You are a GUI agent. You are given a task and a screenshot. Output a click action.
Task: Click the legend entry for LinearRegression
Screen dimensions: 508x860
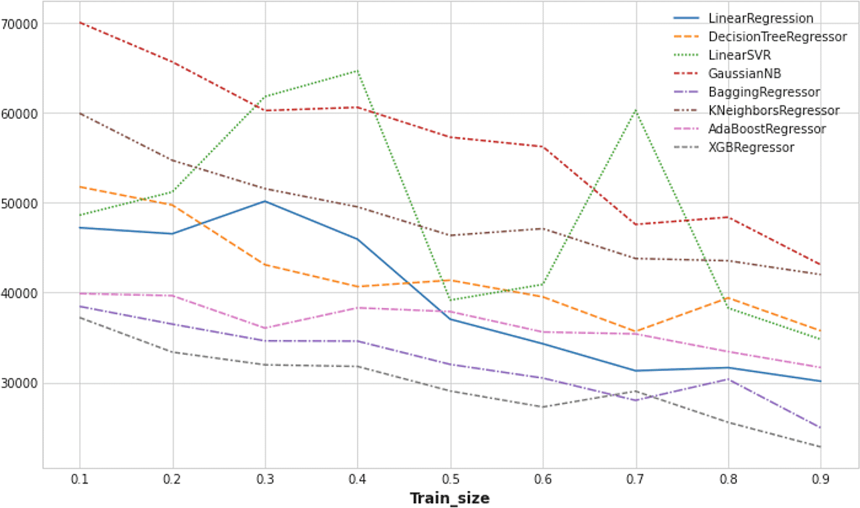(760, 19)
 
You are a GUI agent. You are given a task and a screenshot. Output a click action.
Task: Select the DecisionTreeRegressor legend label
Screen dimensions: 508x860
(777, 37)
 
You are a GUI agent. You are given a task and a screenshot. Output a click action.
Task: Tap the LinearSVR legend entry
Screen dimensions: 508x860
(739, 56)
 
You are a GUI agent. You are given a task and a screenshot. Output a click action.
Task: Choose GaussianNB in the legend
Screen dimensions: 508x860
(744, 74)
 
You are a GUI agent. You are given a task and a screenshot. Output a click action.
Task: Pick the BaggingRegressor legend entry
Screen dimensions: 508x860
(764, 93)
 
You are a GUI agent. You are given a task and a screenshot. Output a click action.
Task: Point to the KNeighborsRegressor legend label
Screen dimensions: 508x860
(773, 111)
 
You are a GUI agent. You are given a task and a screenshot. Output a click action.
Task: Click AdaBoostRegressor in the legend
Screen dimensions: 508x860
(766, 130)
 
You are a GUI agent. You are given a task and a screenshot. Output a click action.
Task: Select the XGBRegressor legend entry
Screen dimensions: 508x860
(751, 148)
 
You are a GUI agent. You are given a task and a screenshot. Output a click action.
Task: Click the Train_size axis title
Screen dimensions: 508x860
(449, 498)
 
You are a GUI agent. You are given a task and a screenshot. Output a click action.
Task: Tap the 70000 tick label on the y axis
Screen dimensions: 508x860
(20, 24)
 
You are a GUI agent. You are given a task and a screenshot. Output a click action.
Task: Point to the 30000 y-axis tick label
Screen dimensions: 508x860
(20, 384)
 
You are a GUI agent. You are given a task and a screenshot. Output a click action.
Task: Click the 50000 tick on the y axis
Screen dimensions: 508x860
(20, 204)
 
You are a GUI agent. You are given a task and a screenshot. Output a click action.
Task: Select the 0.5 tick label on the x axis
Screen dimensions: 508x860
(450, 479)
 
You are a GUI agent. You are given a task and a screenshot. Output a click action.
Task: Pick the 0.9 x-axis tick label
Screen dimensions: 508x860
(820, 479)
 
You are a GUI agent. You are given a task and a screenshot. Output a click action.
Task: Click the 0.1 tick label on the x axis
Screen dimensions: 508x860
(79, 479)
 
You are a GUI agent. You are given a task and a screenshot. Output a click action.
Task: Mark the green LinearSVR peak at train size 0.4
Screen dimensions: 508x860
(357, 71)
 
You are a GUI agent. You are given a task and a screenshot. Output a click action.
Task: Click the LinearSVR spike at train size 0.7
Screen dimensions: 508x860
(635, 110)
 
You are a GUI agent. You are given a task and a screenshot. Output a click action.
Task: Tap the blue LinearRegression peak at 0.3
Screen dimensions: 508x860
(265, 201)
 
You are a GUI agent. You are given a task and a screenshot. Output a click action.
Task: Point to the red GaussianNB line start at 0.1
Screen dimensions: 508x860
(80, 22)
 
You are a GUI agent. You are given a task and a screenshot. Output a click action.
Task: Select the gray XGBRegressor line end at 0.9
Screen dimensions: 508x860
(820, 447)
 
